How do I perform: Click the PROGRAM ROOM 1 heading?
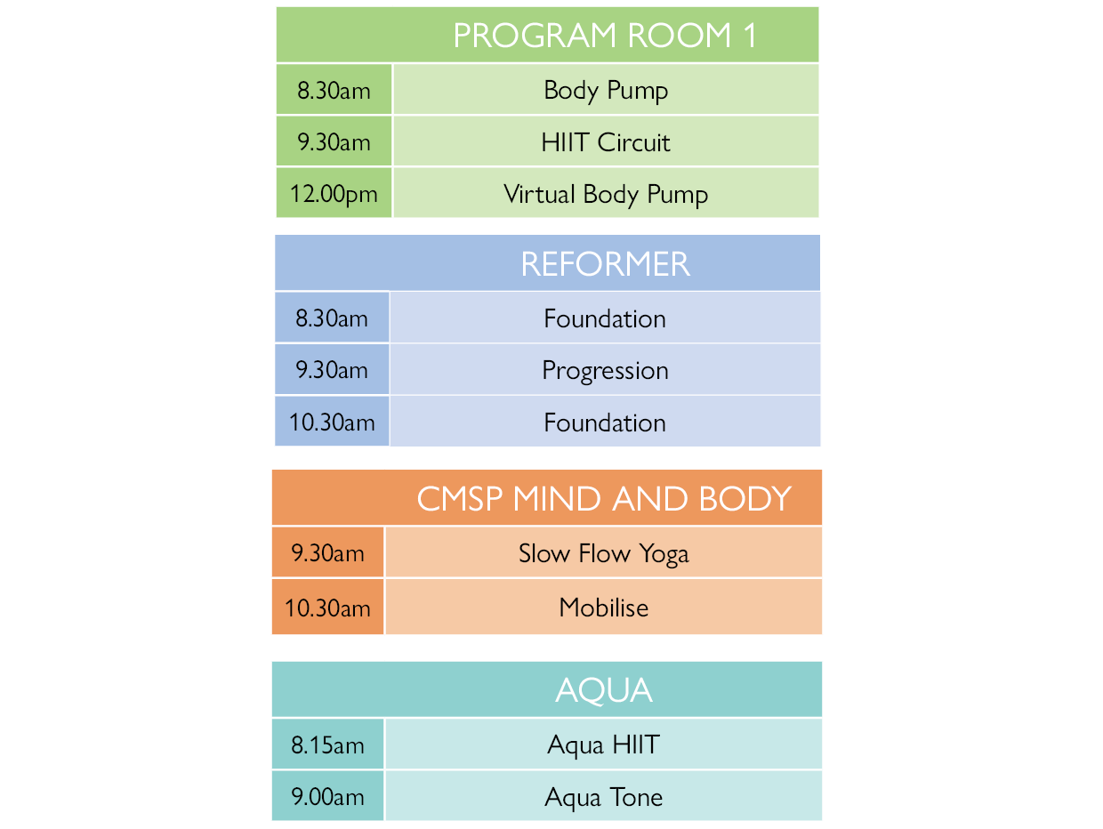(x=605, y=36)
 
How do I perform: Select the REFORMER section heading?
(x=605, y=264)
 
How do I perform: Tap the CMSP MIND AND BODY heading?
(x=604, y=499)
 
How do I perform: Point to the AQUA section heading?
(x=604, y=690)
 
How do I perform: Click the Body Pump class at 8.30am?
(x=606, y=90)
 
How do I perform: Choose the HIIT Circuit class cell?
(x=606, y=142)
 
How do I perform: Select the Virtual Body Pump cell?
(x=606, y=194)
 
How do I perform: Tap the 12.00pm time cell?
(x=334, y=194)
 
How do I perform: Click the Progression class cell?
(x=605, y=370)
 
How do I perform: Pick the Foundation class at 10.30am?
(x=605, y=422)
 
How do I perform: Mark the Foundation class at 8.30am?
(x=605, y=318)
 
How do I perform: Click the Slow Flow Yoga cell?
(x=604, y=553)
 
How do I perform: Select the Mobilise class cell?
(x=604, y=608)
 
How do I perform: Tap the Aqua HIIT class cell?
(x=604, y=744)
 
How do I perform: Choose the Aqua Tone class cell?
(x=604, y=796)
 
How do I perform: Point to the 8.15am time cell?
(x=328, y=744)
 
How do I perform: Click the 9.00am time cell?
(x=328, y=796)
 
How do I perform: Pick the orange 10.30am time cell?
(x=328, y=608)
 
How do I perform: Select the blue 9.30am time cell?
(x=332, y=370)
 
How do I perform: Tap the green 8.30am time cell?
(x=334, y=90)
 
